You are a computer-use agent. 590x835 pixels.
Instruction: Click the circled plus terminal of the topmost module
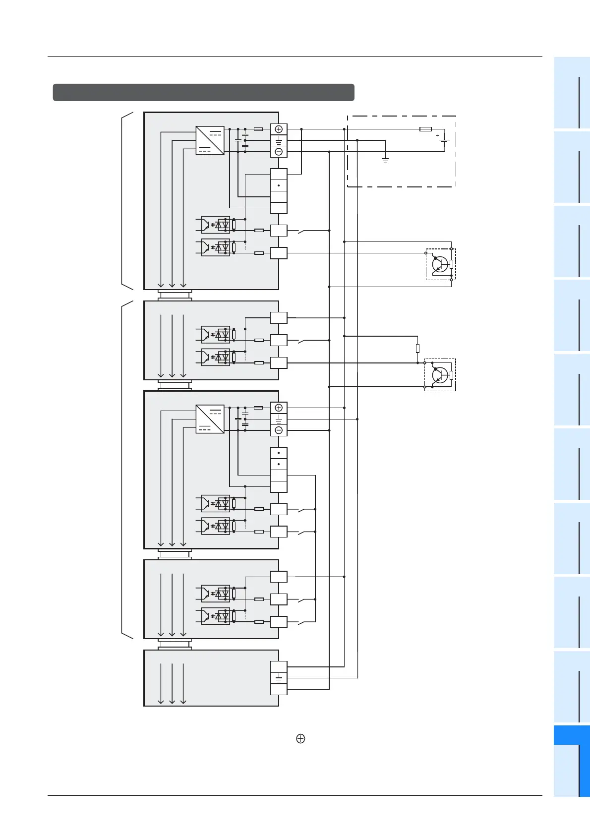279,129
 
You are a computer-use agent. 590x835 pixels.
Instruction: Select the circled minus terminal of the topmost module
279,152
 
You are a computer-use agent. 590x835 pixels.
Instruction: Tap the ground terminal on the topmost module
279,140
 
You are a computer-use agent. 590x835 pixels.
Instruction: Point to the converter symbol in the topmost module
210,140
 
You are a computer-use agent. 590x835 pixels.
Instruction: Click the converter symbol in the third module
210,419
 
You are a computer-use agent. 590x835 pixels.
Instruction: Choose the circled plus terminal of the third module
279,408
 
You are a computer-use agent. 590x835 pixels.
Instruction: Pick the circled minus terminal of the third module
279,430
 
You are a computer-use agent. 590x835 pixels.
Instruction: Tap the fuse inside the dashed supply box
425,129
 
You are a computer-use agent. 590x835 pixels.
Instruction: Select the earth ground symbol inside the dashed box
386,160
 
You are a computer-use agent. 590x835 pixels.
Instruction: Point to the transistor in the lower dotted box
439,375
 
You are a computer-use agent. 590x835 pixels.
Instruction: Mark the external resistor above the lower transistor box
418,349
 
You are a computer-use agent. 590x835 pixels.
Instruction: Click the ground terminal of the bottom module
279,678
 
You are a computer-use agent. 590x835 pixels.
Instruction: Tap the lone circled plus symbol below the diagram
300,739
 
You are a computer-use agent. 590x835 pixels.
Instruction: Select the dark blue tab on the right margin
571,734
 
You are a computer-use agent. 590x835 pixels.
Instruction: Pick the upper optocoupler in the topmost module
216,225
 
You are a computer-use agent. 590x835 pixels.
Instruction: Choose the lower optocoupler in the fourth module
216,616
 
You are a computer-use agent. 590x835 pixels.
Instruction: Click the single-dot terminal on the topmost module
279,185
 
